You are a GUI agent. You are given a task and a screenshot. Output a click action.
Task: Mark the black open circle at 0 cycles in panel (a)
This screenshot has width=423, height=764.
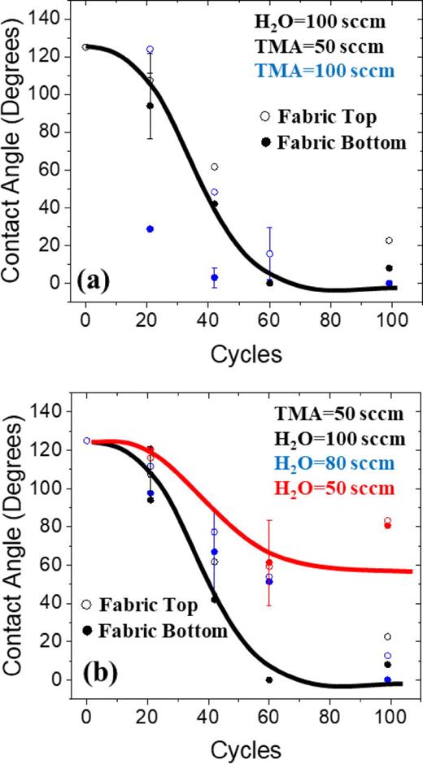coord(85,47)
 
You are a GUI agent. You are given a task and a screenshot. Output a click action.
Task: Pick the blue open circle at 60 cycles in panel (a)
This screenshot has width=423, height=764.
coord(269,254)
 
